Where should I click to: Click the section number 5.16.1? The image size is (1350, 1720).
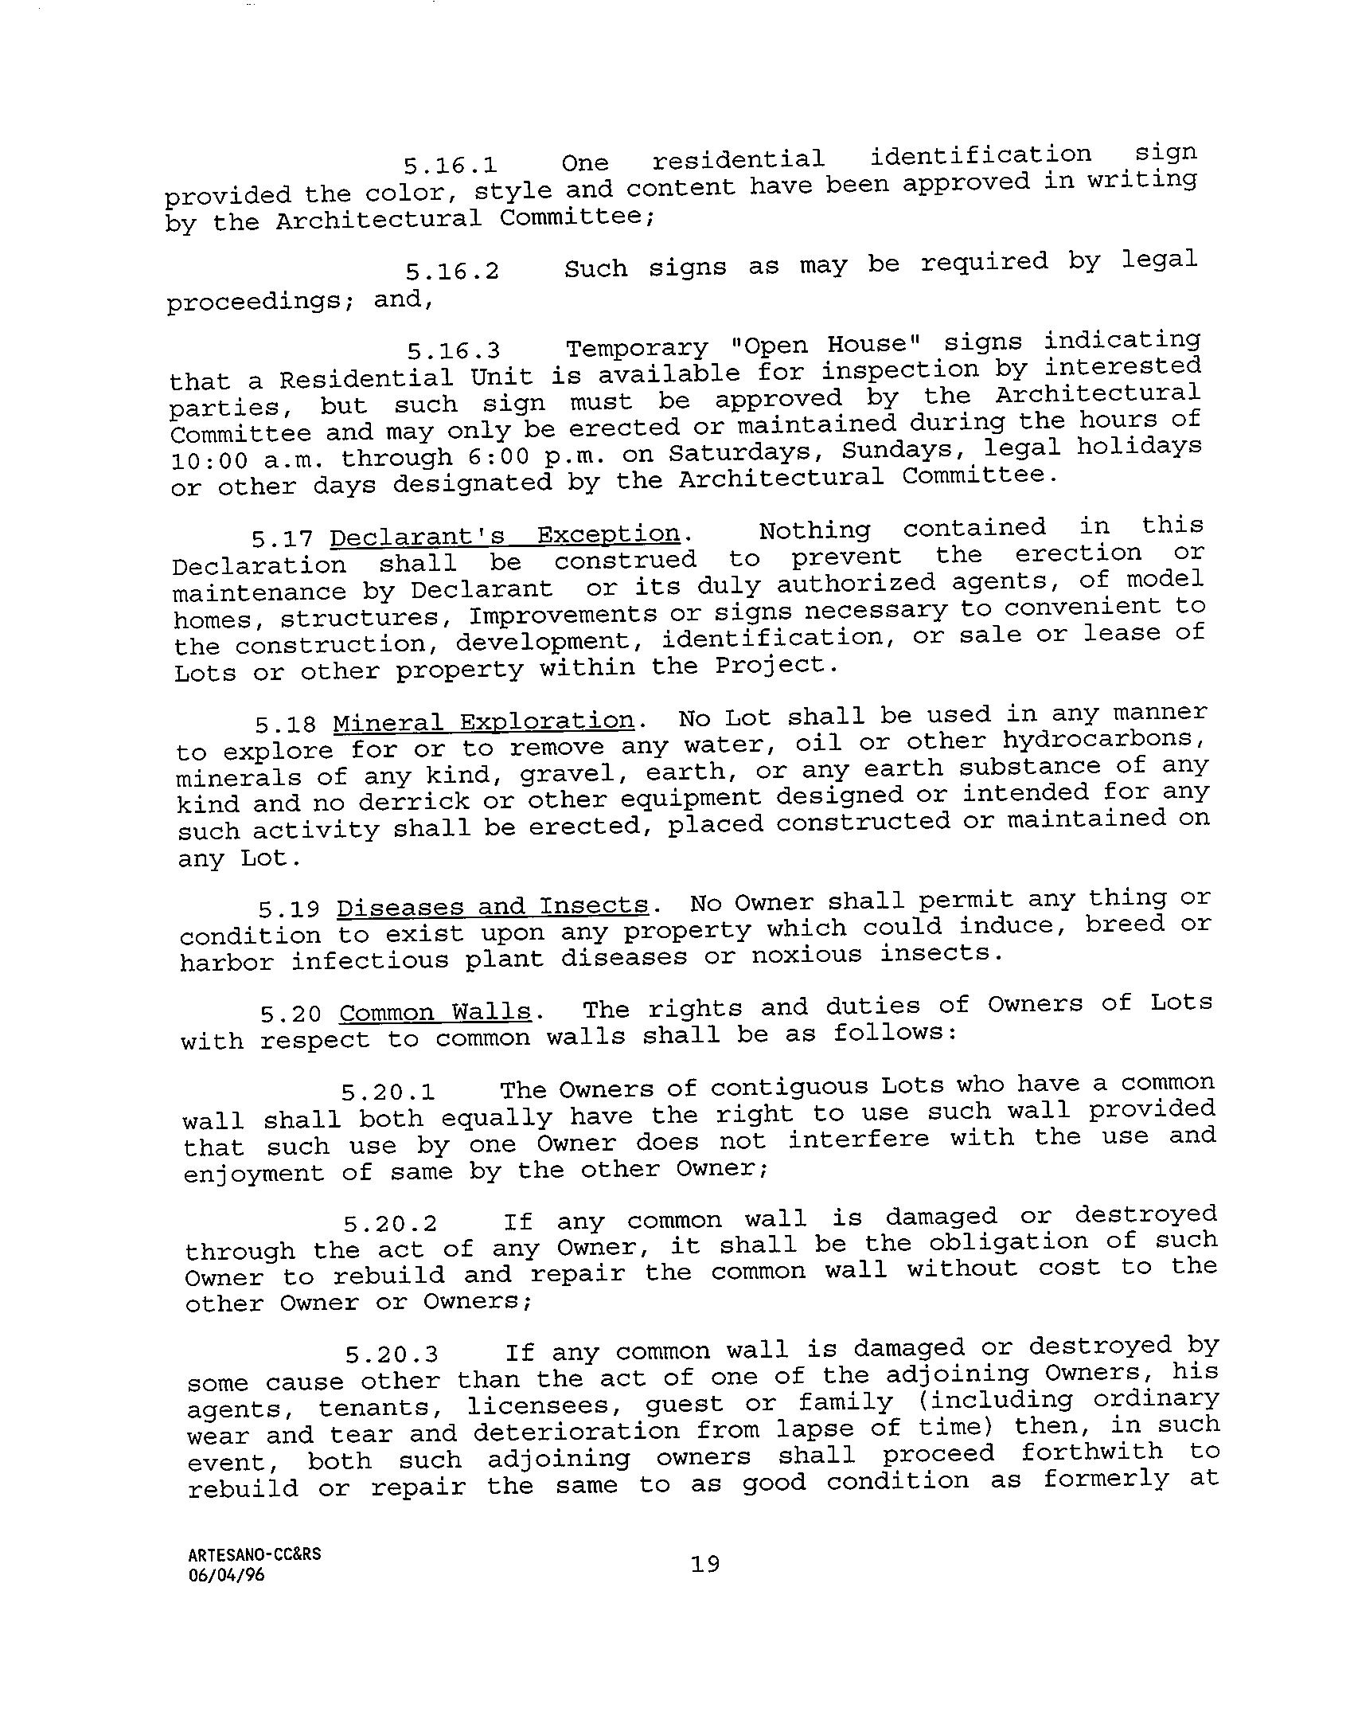point(450,166)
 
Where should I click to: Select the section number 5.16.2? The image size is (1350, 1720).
point(451,272)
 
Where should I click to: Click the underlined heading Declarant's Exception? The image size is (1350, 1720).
point(505,535)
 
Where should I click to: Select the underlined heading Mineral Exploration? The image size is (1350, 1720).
point(483,721)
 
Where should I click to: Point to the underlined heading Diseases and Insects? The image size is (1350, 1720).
point(493,907)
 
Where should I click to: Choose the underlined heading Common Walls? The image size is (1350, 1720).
point(435,1013)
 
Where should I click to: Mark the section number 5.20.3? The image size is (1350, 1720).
point(391,1354)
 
